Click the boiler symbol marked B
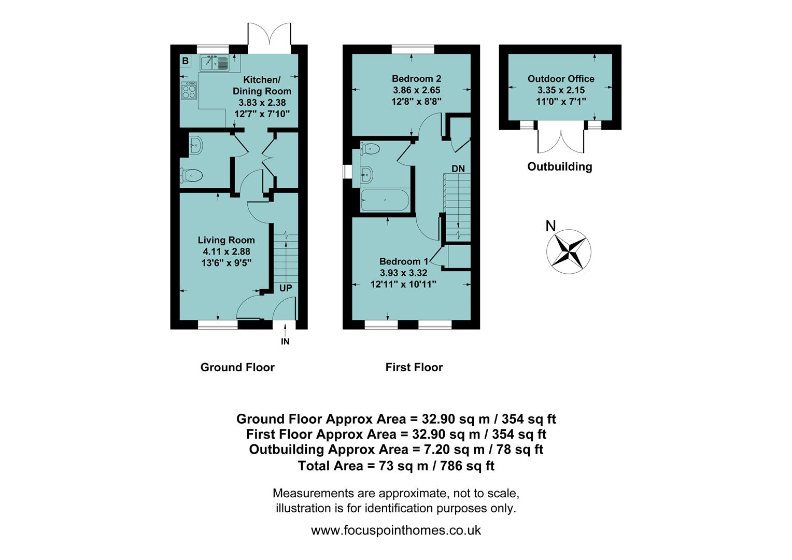pyautogui.click(x=186, y=61)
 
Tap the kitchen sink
pyautogui.click(x=214, y=63)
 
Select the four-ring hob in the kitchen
pyautogui.click(x=189, y=91)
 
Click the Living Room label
pyautogui.click(x=226, y=240)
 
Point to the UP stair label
pyautogui.click(x=286, y=288)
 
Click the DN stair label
pyautogui.click(x=458, y=169)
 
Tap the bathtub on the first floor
pyautogui.click(x=385, y=200)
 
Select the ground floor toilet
pyautogui.click(x=191, y=176)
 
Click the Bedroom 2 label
pyautogui.click(x=416, y=79)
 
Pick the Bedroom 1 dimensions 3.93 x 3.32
pyautogui.click(x=403, y=273)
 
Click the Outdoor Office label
pyautogui.click(x=561, y=79)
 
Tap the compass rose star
pyautogui.click(x=569, y=251)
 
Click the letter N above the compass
pyautogui.click(x=550, y=226)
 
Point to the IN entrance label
pyautogui.click(x=285, y=342)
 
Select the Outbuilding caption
pyautogui.click(x=559, y=166)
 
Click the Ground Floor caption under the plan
pyautogui.click(x=237, y=367)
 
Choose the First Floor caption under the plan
pyautogui.click(x=414, y=367)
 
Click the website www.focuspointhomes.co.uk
pyautogui.click(x=396, y=530)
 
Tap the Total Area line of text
pyautogui.click(x=396, y=466)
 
